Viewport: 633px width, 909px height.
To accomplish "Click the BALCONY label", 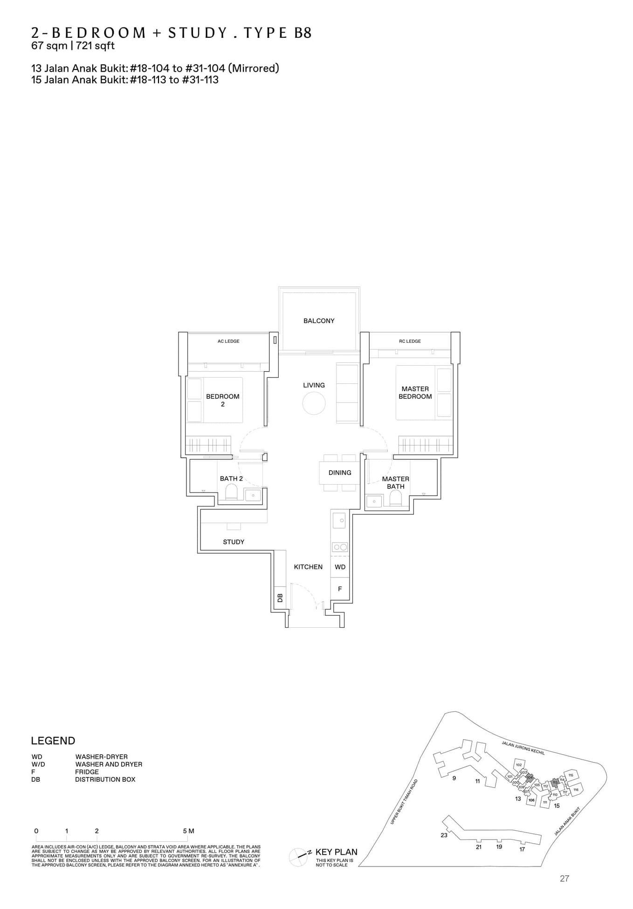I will (319, 321).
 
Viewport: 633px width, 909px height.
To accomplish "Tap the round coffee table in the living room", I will (314, 403).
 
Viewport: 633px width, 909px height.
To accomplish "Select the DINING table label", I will (340, 472).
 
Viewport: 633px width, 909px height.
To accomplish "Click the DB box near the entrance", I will (280, 597).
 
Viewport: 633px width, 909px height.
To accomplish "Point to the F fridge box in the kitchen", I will (340, 589).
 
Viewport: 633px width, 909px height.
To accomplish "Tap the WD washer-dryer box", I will (340, 567).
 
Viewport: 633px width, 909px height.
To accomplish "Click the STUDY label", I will (234, 542).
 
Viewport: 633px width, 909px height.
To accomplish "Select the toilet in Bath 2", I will (231, 492).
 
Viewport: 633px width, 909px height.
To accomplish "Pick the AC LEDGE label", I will (228, 341).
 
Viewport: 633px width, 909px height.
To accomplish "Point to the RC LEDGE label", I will (410, 341).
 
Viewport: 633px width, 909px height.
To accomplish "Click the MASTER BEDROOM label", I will (415, 392).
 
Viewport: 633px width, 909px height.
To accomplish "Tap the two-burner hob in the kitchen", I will (340, 547).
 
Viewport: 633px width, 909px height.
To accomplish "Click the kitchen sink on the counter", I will (341, 520).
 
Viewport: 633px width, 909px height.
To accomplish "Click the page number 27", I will (564, 879).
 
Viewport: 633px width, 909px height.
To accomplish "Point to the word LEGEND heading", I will (53, 741).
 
